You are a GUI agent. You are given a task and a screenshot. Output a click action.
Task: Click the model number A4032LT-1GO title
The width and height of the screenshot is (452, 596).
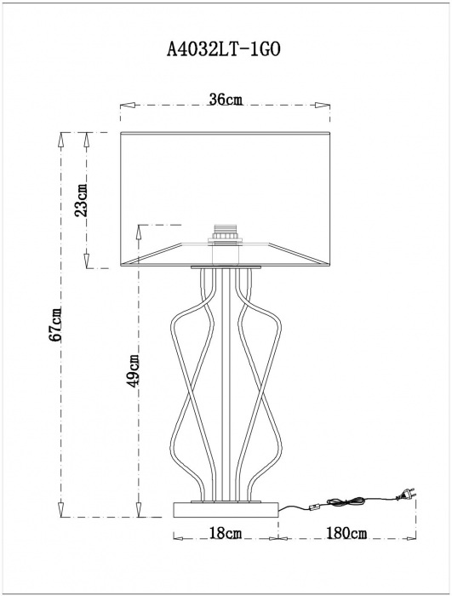[224, 49]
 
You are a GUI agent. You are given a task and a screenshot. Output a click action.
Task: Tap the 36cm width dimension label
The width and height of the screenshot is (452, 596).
[226, 100]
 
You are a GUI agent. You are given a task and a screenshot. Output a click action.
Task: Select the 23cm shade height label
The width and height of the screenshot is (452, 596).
[81, 200]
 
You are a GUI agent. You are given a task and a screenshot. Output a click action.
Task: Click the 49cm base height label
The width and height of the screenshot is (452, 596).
[133, 371]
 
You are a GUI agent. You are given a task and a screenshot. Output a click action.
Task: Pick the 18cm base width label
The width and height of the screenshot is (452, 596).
[226, 533]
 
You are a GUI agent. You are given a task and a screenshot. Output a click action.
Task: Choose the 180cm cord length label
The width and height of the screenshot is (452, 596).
[346, 533]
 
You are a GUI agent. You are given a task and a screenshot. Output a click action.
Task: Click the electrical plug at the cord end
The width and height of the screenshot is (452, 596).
[406, 494]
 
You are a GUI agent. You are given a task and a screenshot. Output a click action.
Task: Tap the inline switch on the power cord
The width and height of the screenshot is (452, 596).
[315, 507]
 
